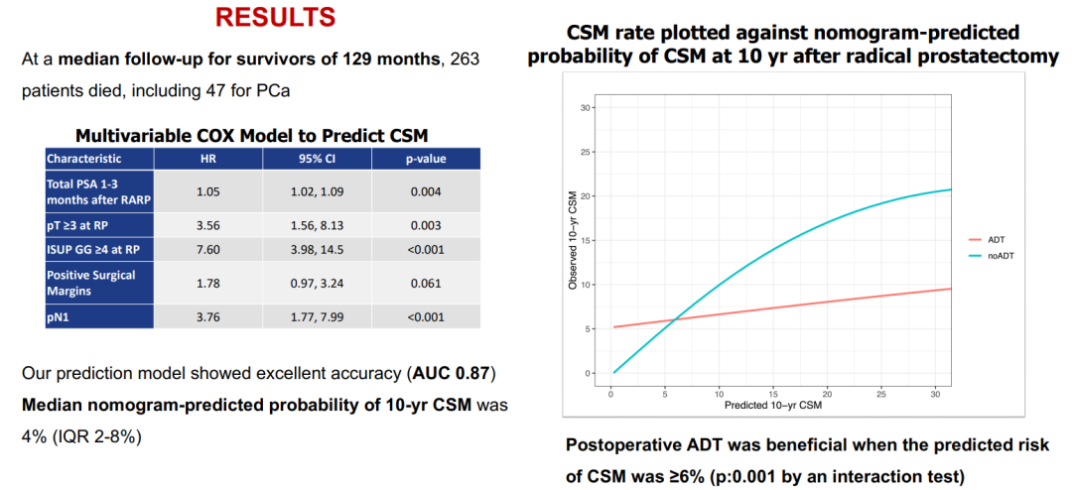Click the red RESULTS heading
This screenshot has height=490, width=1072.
point(275,17)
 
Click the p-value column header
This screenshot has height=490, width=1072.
point(426,158)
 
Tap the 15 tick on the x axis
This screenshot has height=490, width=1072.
point(771,394)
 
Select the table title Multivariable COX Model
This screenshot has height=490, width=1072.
point(252,135)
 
